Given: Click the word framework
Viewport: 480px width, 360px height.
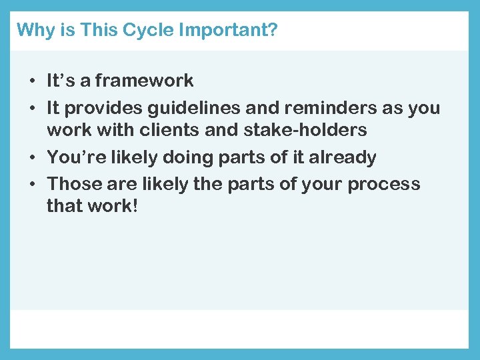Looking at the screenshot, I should pyautogui.click(x=144, y=81).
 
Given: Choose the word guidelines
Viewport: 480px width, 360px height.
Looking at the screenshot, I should pyautogui.click(x=179, y=107).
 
